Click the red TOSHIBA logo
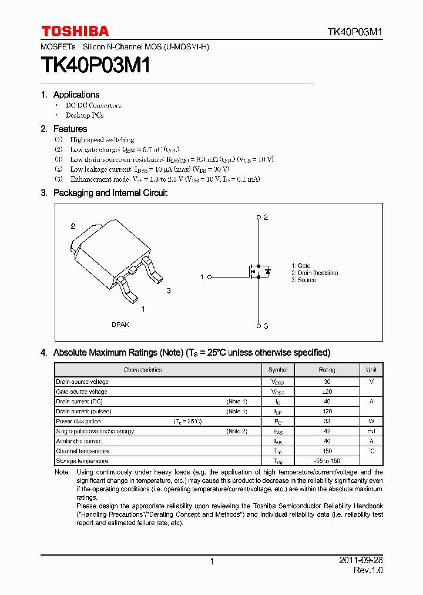pos(75,31)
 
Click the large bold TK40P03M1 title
pos(96,65)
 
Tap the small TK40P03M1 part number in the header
pos(355,32)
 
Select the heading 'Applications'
pos(76,95)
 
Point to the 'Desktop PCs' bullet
pos(85,115)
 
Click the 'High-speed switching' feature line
pos(102,140)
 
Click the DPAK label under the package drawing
pos(120,325)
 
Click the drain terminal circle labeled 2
pos(258,218)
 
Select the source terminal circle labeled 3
pos(258,326)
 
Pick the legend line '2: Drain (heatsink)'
pos(314,273)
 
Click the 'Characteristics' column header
pos(143,370)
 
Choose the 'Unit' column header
pos(371,370)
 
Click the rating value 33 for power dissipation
pos(327,422)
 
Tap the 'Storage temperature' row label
pos(82,461)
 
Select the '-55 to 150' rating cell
pos(327,461)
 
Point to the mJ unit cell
pos(371,432)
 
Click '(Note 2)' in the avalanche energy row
pos(237,432)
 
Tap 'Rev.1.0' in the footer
pos(368,571)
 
